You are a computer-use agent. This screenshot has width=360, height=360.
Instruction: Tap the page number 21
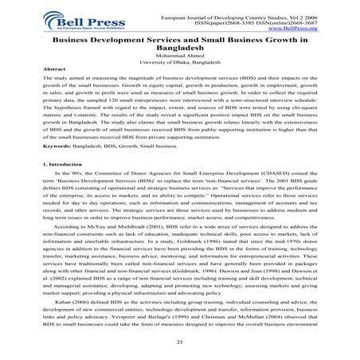(180, 343)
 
